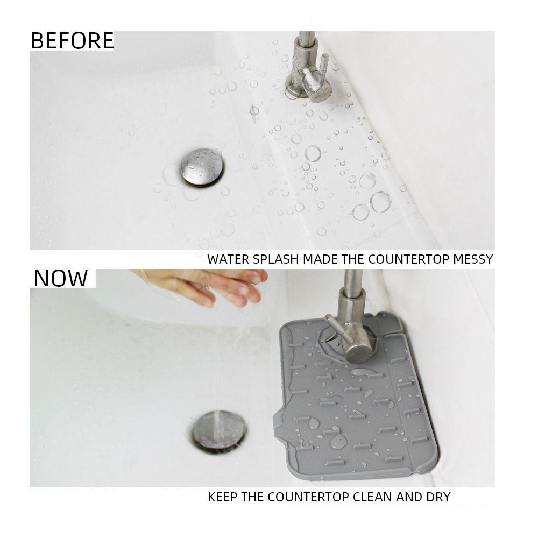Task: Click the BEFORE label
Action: pyautogui.click(x=72, y=41)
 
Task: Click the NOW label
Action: pyautogui.click(x=60, y=278)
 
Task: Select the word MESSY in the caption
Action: pyautogui.click(x=473, y=259)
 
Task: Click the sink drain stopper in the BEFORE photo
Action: pyautogui.click(x=202, y=167)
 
